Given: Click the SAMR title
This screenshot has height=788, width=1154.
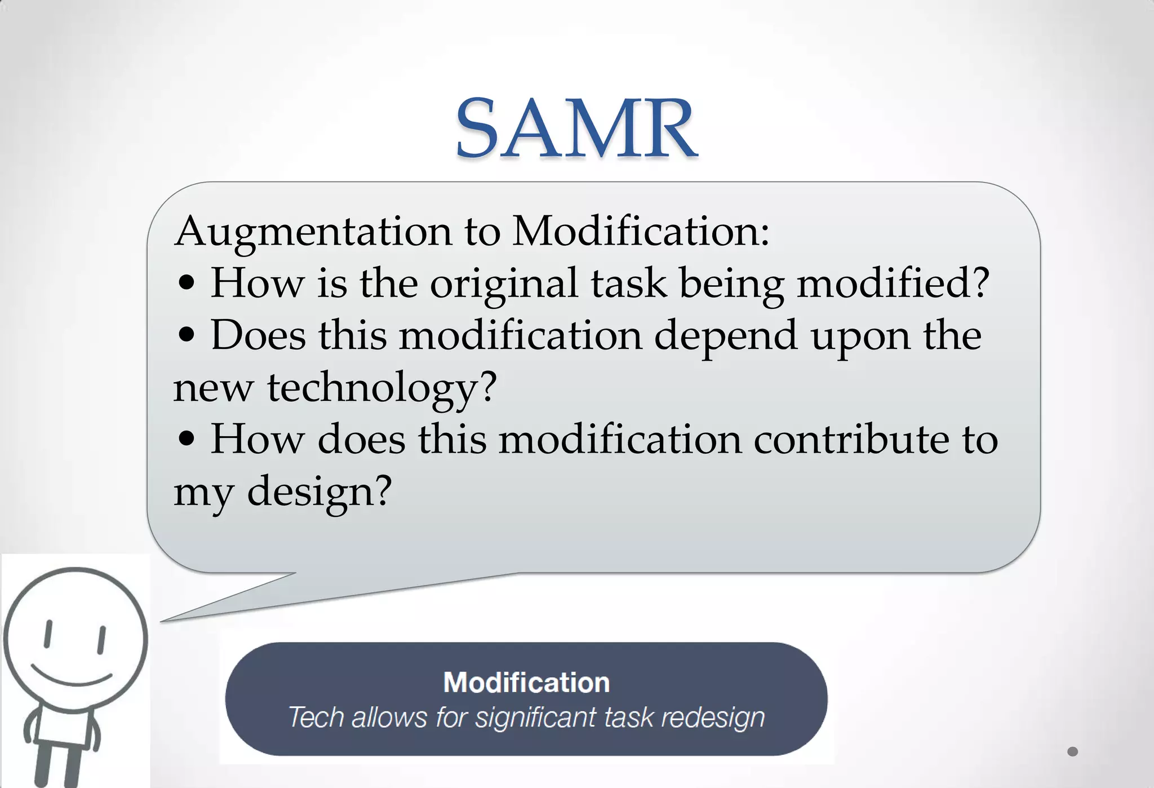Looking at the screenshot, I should coord(576,129).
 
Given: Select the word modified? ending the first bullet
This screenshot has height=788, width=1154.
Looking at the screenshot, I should coord(893,283).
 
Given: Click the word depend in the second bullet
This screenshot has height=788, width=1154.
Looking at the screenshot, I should coord(726,336).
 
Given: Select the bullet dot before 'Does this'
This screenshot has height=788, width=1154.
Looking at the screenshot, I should coord(186,335).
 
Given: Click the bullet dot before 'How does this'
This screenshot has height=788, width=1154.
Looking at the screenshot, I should coord(186,439).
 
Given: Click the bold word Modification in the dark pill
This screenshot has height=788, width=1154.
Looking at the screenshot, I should coord(526,683).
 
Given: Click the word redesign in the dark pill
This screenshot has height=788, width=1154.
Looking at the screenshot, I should coord(712,718).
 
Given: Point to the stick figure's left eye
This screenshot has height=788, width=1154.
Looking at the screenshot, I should coord(48,634).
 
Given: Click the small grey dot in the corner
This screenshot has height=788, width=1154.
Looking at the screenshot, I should coord(1072,751).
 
